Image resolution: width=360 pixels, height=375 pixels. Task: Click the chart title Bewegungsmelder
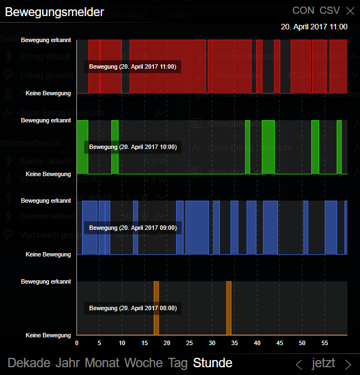54,12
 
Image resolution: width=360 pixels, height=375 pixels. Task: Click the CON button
303,11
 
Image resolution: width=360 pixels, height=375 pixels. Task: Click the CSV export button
330,11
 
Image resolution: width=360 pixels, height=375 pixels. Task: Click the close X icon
350,11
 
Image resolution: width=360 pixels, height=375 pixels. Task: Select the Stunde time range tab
213,363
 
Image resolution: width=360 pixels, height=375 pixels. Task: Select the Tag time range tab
178,363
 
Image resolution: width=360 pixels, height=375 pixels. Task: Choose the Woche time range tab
143,363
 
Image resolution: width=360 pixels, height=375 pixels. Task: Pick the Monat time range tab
102,363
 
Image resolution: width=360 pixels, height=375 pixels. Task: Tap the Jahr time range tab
67,363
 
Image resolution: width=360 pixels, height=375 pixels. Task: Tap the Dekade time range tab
29,363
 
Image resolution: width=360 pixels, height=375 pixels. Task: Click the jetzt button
323,363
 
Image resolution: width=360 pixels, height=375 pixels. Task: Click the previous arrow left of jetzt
299,364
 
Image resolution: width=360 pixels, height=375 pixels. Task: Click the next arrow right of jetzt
348,364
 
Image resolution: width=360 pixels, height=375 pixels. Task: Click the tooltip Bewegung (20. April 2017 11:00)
132,66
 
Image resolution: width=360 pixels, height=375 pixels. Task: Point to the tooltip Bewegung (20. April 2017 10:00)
132,147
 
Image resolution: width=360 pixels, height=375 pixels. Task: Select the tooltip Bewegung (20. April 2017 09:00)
132,228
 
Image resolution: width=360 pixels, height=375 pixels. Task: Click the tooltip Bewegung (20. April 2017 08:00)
132,308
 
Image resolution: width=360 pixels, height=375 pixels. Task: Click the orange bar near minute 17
156,308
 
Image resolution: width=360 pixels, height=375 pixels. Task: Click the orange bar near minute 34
229,308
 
